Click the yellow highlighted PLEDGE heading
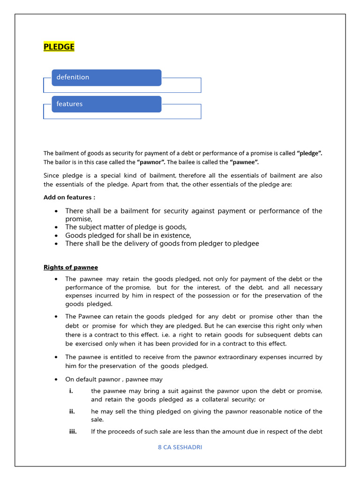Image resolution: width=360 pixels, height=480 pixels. coord(59,46)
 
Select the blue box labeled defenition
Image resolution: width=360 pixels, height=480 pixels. coord(106,77)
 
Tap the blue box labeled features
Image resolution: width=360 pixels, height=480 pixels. coord(106,104)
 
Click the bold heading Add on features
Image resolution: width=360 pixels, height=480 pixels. coord(69,197)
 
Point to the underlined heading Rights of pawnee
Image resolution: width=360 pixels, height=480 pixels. coord(71,267)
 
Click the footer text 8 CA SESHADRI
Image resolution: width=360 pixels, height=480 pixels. coord(180,447)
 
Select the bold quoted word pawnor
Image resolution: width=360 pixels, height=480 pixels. coord(150,162)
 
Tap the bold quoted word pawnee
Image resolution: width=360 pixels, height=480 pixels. coord(244,162)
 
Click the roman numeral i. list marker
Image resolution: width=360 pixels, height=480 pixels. coord(71,391)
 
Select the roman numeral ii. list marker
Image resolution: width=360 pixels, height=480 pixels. coord(72,412)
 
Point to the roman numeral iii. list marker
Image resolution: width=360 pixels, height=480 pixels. coord(73,432)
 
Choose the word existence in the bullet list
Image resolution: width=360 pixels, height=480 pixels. coord(174,235)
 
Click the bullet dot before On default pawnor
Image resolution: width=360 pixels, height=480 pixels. coord(56,380)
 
